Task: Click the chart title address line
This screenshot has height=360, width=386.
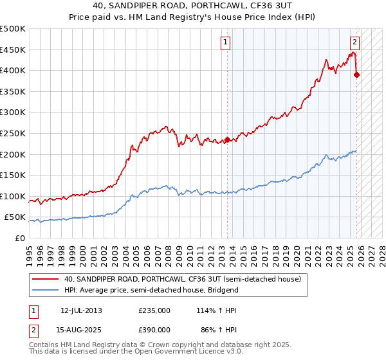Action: (192, 7)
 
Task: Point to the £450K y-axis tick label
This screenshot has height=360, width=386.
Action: (13, 50)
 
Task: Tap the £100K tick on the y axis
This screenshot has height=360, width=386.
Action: (13, 196)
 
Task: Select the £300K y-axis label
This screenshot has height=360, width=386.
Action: (13, 113)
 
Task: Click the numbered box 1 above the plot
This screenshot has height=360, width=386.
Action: (226, 43)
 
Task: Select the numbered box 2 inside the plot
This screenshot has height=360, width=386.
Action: (354, 43)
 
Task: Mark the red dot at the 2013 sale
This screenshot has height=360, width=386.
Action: (227, 139)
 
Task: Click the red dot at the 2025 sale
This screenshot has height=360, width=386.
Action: (357, 75)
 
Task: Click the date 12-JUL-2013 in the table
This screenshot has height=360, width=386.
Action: (81, 310)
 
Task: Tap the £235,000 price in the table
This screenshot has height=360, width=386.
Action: (154, 310)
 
